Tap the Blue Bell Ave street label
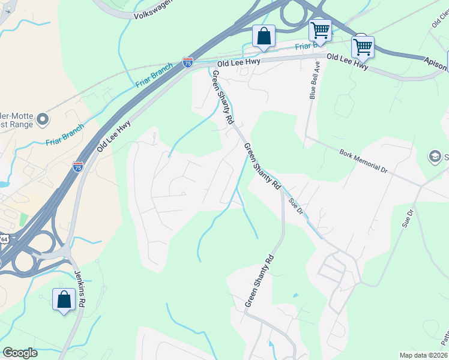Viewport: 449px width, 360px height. click(312, 84)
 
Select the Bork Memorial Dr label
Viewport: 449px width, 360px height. click(364, 161)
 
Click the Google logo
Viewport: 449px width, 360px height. click(19, 353)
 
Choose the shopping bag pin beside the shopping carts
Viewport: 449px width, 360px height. click(264, 36)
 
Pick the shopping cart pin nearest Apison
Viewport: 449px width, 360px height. click(363, 46)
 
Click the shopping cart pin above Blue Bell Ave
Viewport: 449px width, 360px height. click(320, 29)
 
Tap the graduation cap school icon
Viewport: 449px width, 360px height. click(434, 157)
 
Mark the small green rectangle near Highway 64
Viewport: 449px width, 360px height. click(23, 220)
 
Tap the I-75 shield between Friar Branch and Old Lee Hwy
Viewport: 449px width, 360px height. click(188, 62)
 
